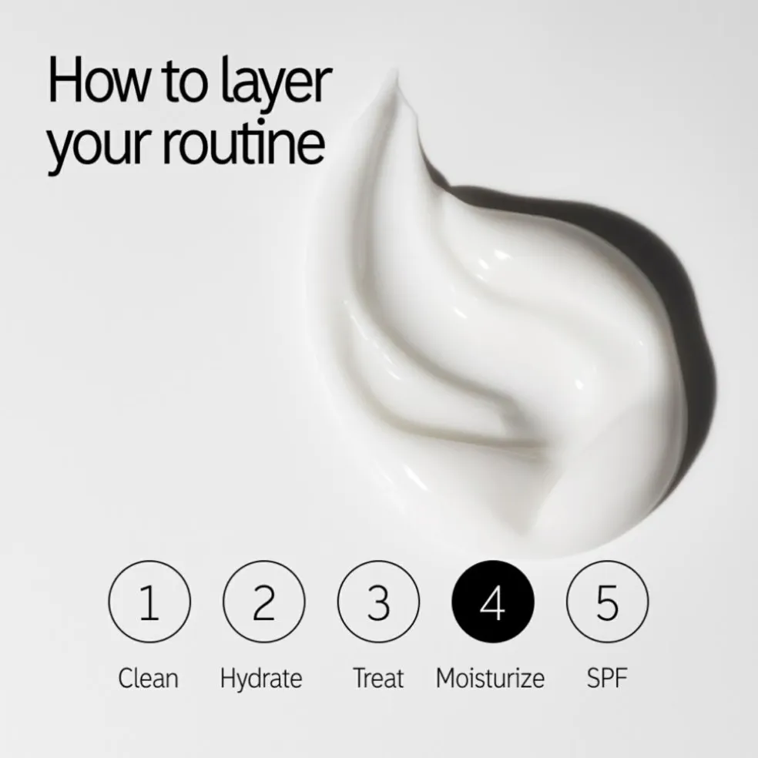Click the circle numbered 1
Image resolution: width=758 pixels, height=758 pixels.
[x=149, y=602]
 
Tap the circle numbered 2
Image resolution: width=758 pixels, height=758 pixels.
[x=263, y=602]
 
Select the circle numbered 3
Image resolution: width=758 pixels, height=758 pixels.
[x=378, y=602]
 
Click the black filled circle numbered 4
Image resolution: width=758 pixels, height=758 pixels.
[x=492, y=602]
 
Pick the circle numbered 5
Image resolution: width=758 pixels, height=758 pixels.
[x=607, y=602]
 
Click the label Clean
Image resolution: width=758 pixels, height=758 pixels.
[x=149, y=679]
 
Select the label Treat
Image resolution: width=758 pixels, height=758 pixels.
[x=378, y=679]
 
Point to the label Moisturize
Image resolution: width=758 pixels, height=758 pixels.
[x=490, y=679]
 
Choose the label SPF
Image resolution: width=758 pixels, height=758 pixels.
[x=607, y=679]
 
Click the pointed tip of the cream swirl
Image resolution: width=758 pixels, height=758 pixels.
[x=395, y=75]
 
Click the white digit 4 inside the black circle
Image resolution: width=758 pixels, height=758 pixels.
[x=492, y=602]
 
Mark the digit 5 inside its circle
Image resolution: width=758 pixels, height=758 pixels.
[x=607, y=602]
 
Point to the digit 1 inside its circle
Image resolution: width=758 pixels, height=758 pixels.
[x=149, y=602]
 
